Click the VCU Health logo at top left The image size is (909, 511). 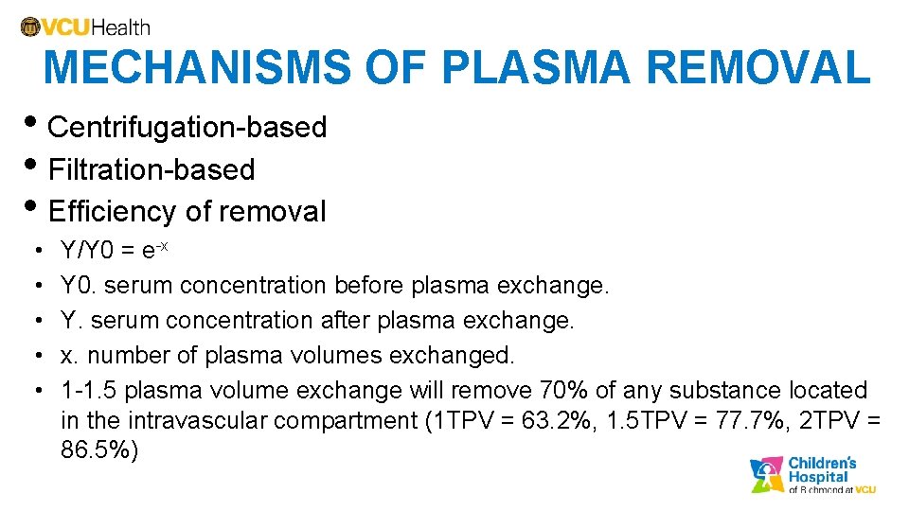click(84, 27)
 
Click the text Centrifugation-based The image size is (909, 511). click(187, 127)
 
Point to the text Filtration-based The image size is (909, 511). click(151, 169)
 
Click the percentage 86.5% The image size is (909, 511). click(98, 449)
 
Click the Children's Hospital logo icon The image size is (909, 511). click(767, 475)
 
